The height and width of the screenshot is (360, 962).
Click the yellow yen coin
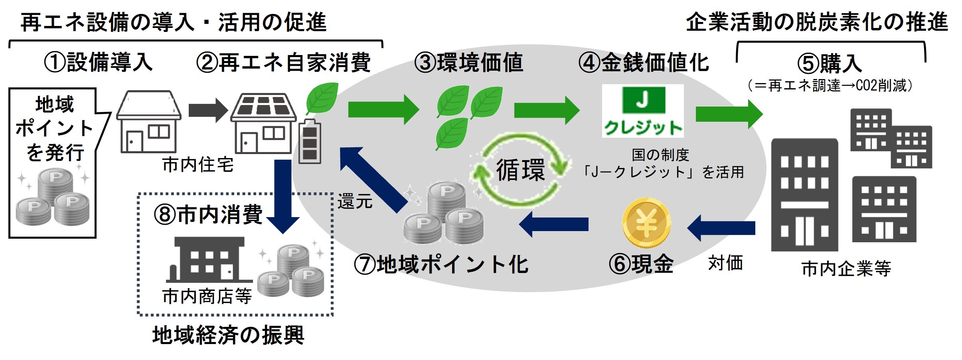point(646,224)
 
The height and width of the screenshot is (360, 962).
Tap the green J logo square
point(643,100)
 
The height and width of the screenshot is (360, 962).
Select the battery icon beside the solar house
point(310,141)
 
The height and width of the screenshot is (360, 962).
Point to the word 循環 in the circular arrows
point(520,170)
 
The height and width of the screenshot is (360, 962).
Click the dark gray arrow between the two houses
point(207,110)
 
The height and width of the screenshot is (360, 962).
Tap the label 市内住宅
point(198,164)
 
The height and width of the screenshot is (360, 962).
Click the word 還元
point(355,201)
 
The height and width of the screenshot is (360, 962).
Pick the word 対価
point(725,263)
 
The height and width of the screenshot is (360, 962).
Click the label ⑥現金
point(641,264)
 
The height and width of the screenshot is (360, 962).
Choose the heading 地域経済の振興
point(228,335)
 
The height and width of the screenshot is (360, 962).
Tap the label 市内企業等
point(846,269)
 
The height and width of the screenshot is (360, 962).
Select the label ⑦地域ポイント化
point(441,265)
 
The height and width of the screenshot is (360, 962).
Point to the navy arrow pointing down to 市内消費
point(283,196)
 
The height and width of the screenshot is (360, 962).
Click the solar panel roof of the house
point(263,106)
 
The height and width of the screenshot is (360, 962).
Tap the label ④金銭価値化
point(644,63)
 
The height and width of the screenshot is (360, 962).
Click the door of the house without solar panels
point(134,142)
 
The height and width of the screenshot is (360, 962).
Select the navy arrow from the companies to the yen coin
point(721,228)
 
